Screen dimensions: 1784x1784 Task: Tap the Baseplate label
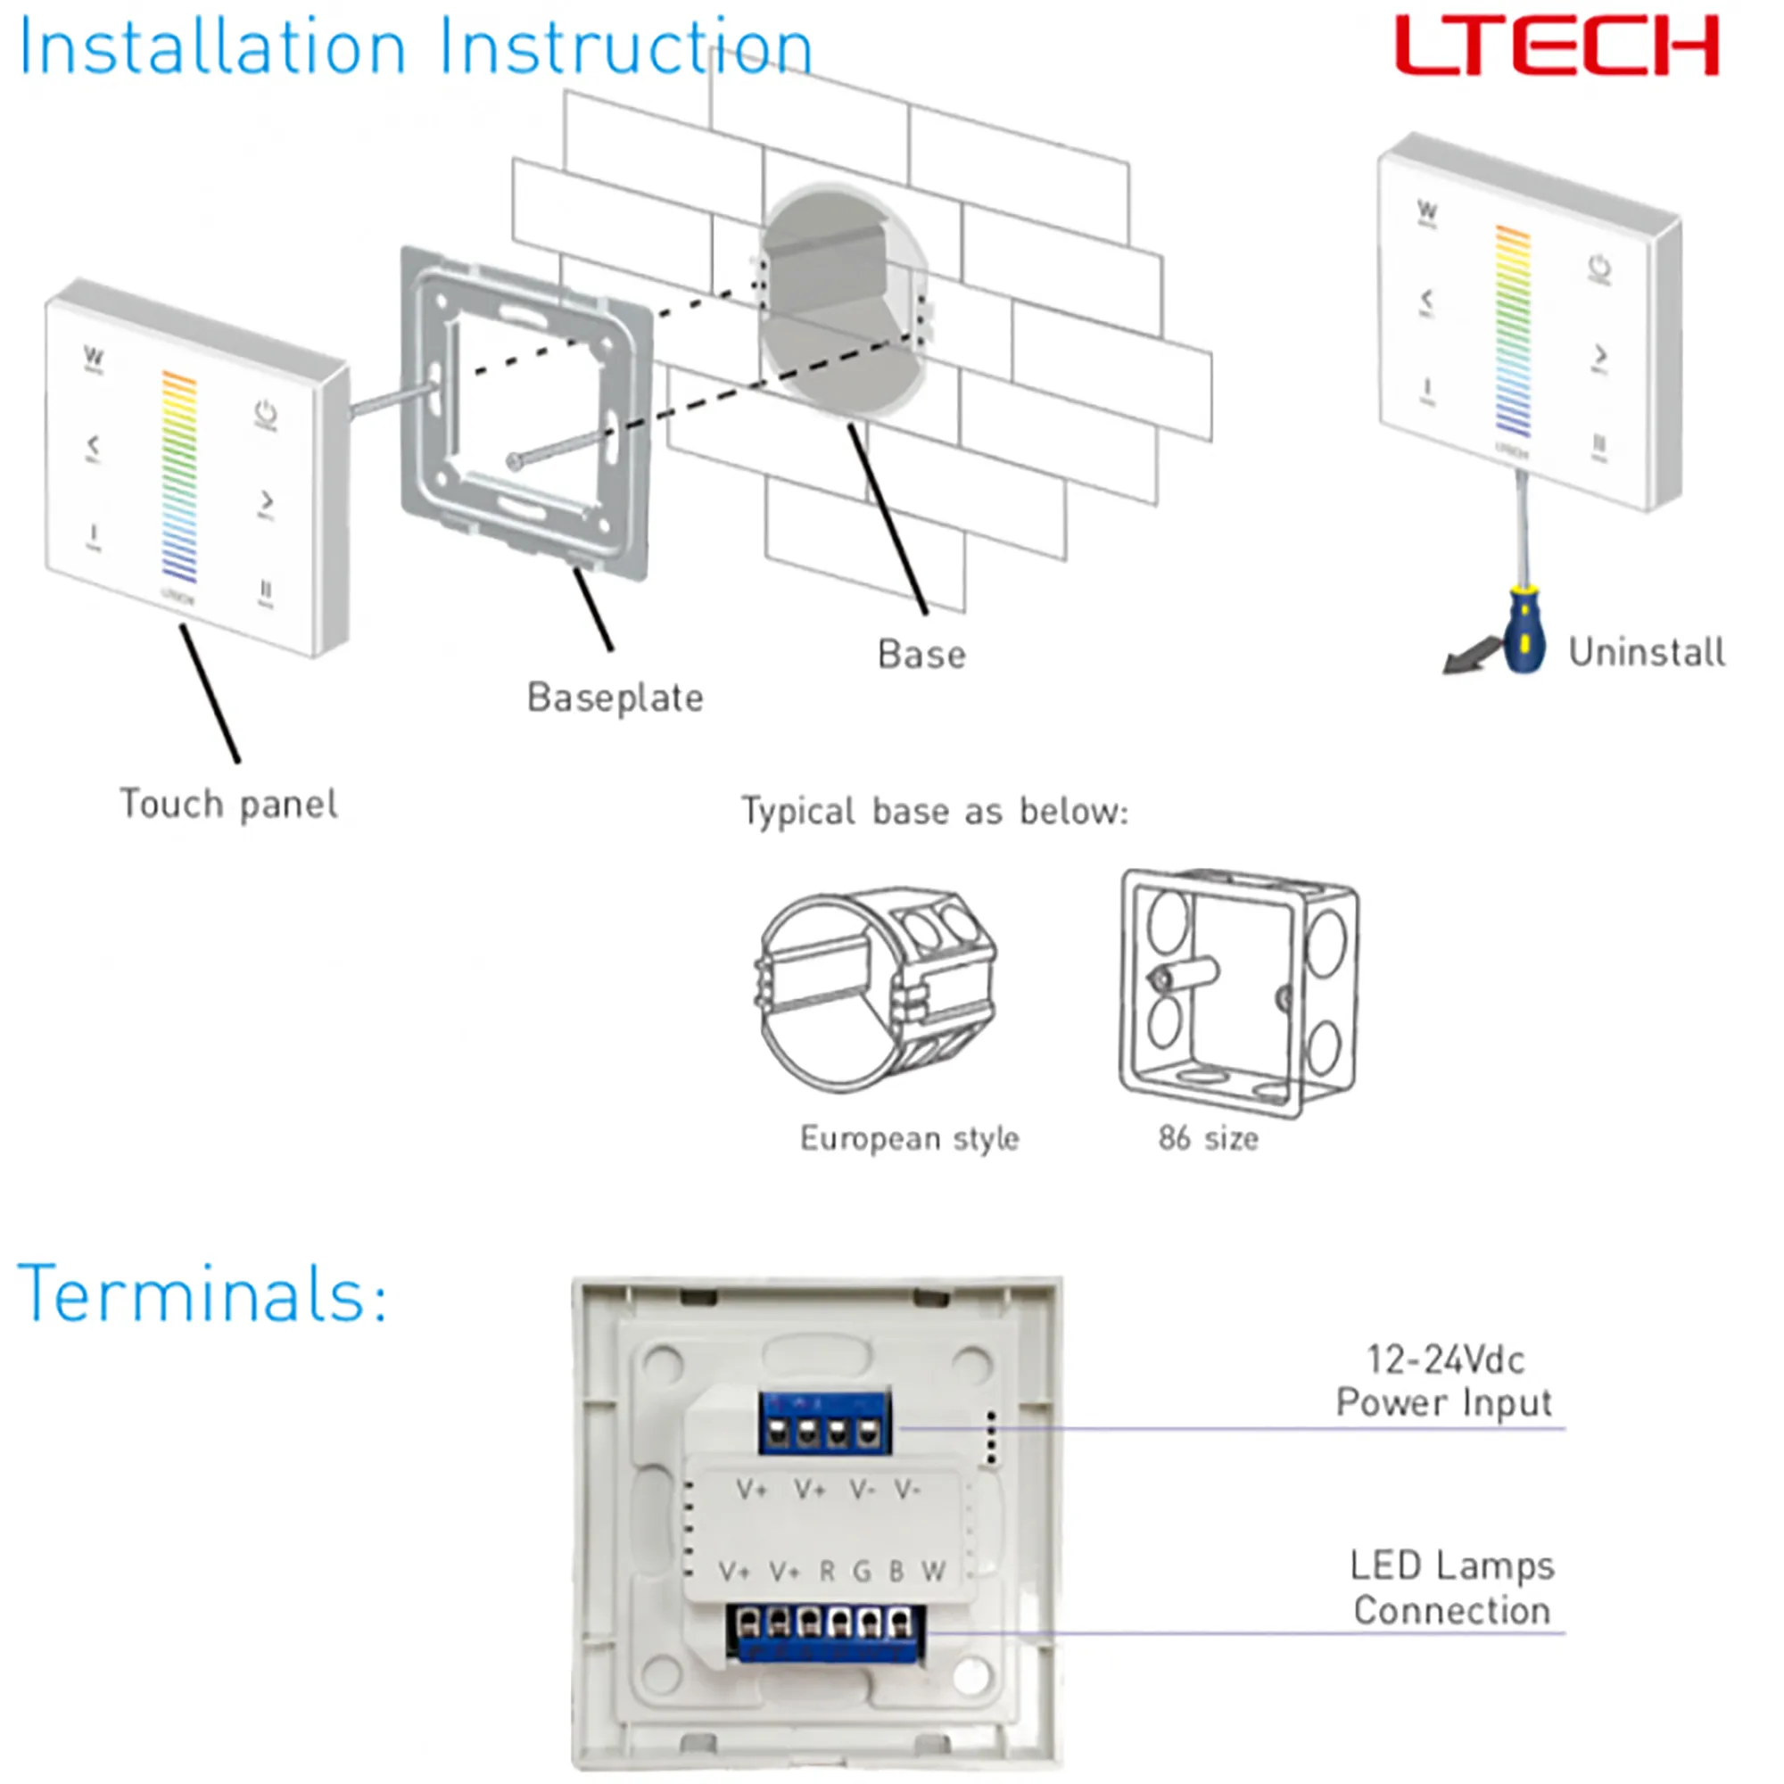[x=615, y=698]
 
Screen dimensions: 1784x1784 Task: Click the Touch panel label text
[x=228, y=805]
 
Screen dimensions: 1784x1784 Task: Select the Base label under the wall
[x=921, y=655]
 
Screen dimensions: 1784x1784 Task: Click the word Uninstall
[x=1647, y=653]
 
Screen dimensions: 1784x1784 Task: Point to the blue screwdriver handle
[x=1524, y=632]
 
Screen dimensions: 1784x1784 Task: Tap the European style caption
[x=909, y=1138]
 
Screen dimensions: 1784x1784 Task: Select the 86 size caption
[x=1208, y=1138]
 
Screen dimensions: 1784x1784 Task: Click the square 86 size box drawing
[x=1237, y=993]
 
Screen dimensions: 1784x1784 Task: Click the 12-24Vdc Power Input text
[x=1444, y=1381]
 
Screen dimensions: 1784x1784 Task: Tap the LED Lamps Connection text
[x=1451, y=1588]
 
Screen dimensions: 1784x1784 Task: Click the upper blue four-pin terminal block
[x=824, y=1423]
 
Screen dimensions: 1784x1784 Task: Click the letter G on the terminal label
[x=862, y=1571]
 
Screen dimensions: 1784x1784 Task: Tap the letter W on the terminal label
[x=934, y=1571]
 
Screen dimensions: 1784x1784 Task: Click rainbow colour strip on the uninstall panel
[x=1513, y=331]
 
